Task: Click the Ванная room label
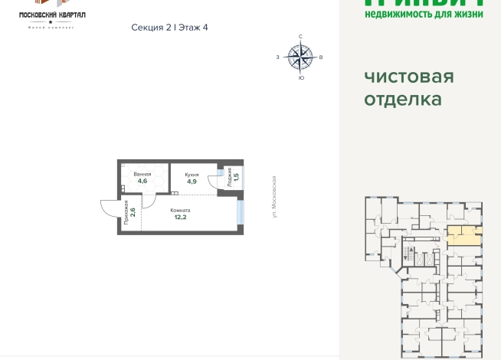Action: [x=142, y=175]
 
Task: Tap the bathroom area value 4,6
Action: [x=142, y=182]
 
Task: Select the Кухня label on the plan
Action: [x=192, y=175]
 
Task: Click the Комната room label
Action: [x=180, y=210]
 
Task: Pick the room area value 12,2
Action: [x=180, y=217]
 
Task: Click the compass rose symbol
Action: [x=300, y=56]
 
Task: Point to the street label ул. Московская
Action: [x=273, y=196]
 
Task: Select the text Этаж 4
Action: [x=193, y=28]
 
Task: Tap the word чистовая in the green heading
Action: [x=409, y=77]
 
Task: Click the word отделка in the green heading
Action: [x=403, y=100]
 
